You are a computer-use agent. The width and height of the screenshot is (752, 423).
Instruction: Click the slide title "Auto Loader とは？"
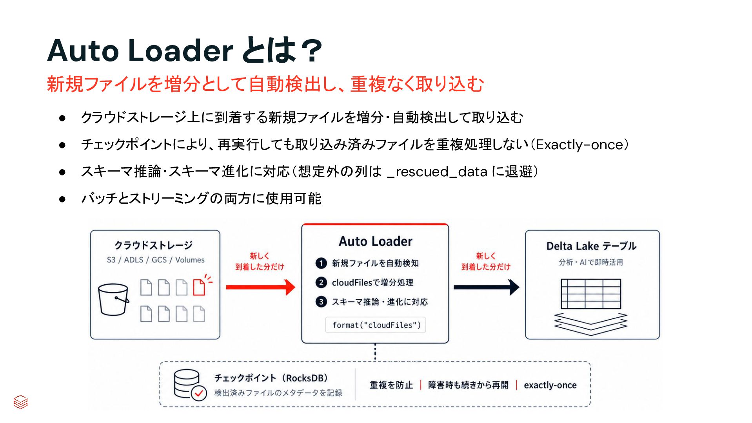tap(184, 50)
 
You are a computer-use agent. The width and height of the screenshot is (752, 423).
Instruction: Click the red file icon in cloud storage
tap(199, 287)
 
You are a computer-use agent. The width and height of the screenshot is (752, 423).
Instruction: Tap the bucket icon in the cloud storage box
tap(113, 300)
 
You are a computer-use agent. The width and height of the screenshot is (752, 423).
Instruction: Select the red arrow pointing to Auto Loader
tap(261, 287)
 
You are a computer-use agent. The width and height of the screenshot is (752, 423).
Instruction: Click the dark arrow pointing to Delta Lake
tap(487, 287)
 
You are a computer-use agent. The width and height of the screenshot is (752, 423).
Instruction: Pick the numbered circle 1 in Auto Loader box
tap(321, 263)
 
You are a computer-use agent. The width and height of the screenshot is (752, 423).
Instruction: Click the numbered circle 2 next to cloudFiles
tap(321, 282)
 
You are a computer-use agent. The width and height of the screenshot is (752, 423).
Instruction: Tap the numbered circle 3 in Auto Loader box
tap(321, 302)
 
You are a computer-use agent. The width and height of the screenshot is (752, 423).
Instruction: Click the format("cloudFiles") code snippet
tap(376, 325)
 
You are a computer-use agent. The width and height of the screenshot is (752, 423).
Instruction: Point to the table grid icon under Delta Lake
tap(591, 294)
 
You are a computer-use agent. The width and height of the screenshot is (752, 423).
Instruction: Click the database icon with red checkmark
tap(190, 385)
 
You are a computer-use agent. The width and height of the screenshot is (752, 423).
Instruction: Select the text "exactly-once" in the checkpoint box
tap(550, 385)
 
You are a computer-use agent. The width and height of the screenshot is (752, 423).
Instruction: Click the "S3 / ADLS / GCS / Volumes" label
tap(156, 260)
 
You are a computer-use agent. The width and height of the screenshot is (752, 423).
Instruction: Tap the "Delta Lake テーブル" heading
tap(591, 246)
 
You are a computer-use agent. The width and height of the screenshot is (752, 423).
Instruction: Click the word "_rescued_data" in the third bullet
tap(437, 172)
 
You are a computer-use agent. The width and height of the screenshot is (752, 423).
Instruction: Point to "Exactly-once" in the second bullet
tap(580, 145)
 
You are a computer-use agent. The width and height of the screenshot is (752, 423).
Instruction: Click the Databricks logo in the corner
tap(20, 402)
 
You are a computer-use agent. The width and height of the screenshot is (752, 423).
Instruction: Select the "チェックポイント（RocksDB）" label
tap(271, 378)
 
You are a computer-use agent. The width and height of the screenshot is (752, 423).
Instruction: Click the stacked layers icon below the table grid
tap(591, 324)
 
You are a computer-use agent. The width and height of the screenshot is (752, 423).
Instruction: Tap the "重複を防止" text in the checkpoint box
tap(391, 385)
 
